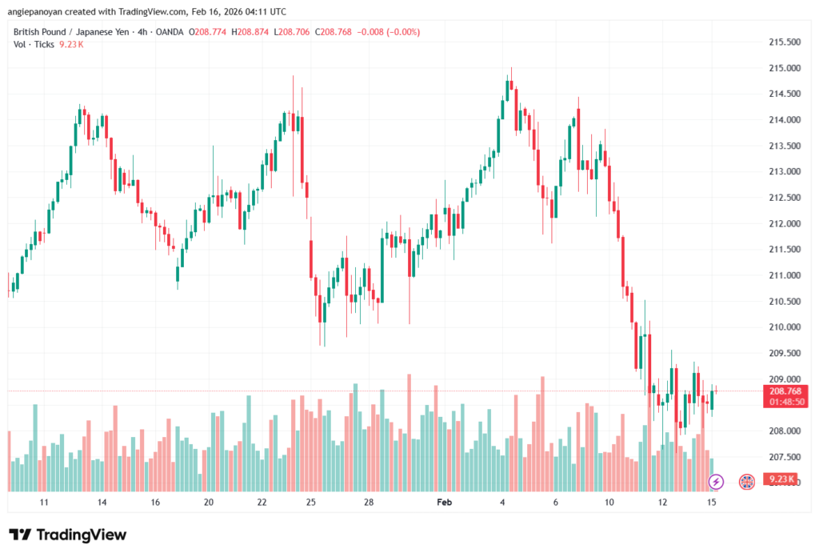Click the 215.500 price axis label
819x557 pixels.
coord(784,42)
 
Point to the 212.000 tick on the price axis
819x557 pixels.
coord(784,223)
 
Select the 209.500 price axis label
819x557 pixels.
coord(784,353)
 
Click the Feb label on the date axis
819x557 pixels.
coord(445,503)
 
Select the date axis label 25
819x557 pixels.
coord(311,503)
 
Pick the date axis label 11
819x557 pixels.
coord(45,503)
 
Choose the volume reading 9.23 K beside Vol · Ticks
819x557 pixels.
coord(71,44)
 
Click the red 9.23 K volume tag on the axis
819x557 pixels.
coord(781,480)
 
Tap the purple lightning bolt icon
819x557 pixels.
coord(717,481)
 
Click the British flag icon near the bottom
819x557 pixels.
coord(747,481)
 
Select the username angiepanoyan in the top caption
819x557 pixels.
coord(43,12)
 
